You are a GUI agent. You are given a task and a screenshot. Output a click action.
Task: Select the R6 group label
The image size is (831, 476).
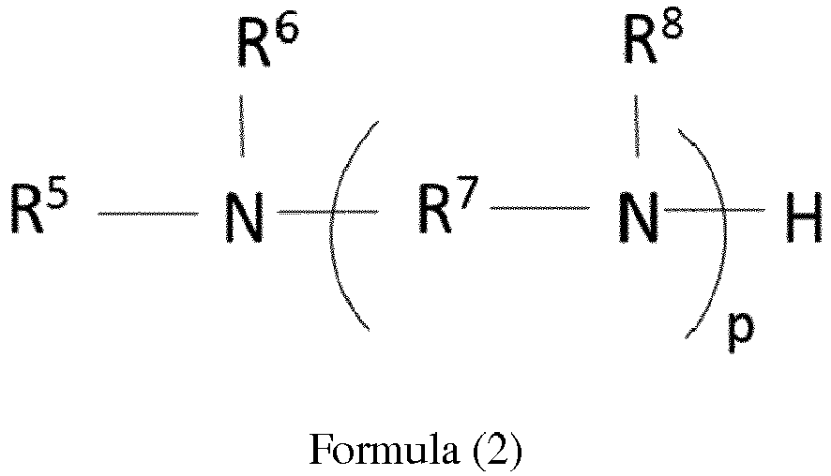pos(267,42)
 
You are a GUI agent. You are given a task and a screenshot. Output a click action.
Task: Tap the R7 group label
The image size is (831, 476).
pos(448,205)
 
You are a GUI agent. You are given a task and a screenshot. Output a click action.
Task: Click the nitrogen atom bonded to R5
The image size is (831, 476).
pos(244,217)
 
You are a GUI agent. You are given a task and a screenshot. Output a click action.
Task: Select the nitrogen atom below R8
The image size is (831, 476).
pos(638,217)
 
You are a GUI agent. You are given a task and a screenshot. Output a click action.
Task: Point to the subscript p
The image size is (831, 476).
pos(741,332)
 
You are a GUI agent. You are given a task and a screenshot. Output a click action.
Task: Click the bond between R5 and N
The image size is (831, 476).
pos(148,214)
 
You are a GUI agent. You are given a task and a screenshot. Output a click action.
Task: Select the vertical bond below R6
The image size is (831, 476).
pos(242,126)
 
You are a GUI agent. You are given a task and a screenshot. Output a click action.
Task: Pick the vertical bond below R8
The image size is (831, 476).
pos(637,126)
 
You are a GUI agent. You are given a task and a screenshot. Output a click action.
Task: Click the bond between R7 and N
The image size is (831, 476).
pos(539,208)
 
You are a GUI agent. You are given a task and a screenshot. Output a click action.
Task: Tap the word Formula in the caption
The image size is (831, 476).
pos(385,449)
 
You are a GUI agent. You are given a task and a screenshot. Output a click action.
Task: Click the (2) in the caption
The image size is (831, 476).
pos(496,450)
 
